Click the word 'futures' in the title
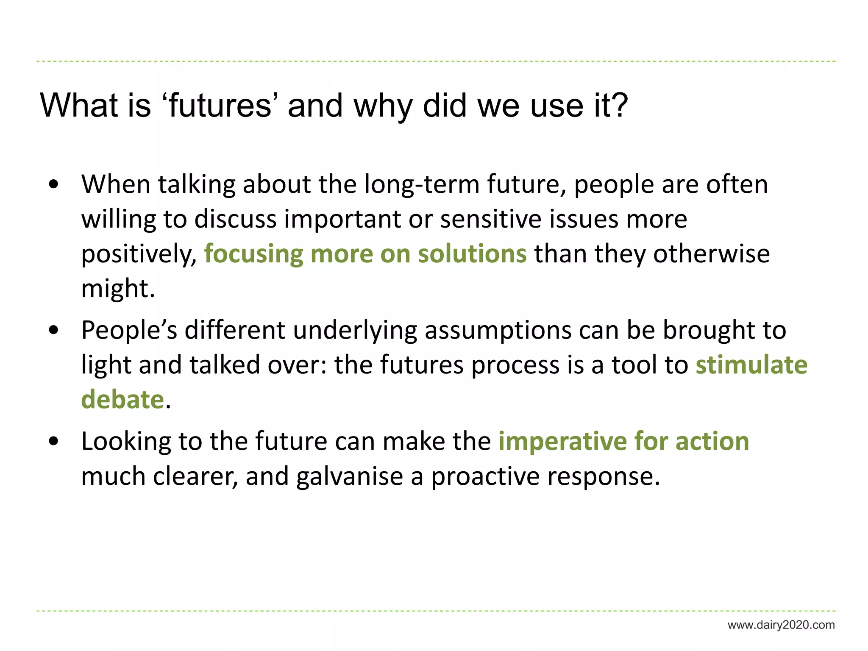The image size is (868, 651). [x=220, y=106]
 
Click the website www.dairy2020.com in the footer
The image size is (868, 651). [x=781, y=625]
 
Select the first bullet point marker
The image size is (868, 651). [x=53, y=185]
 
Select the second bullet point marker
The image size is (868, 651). [x=53, y=330]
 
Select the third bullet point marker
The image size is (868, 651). [x=53, y=442]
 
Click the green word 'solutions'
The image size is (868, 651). [x=472, y=254]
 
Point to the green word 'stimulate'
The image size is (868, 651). [x=751, y=365]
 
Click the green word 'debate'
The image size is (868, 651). [x=122, y=400]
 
